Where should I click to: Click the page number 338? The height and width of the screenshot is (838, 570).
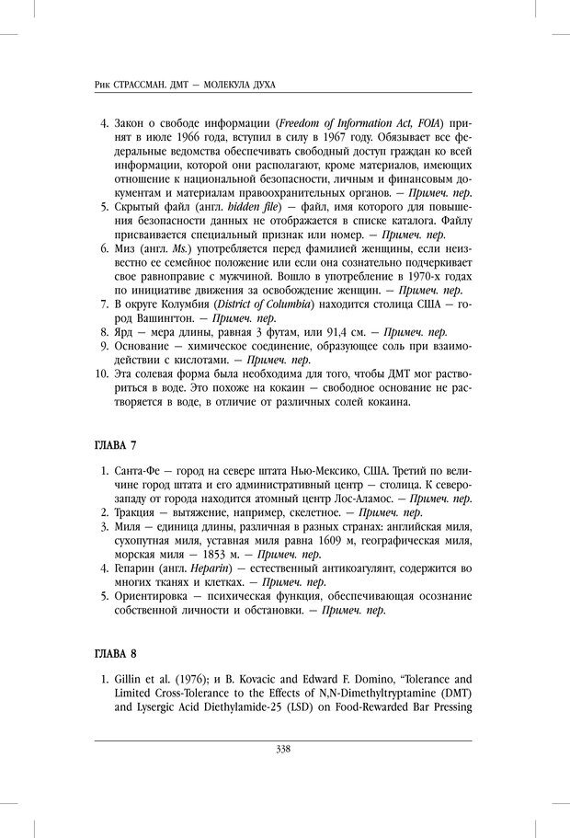point(283,749)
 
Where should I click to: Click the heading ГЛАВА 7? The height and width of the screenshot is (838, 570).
point(116,446)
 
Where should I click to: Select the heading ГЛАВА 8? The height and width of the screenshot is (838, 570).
point(116,654)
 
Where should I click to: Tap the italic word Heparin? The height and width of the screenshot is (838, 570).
point(216,570)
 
